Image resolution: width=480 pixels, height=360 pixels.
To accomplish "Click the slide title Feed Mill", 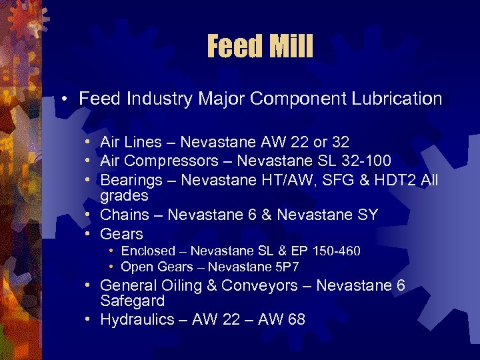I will tap(260, 47).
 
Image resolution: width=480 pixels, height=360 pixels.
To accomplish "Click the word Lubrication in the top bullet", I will tap(398, 99).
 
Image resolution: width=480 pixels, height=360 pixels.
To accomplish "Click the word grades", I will tap(124, 196).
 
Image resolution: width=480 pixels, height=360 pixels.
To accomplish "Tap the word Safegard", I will tap(132, 301).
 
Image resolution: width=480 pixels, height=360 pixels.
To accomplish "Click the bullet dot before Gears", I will tap(89, 234).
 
